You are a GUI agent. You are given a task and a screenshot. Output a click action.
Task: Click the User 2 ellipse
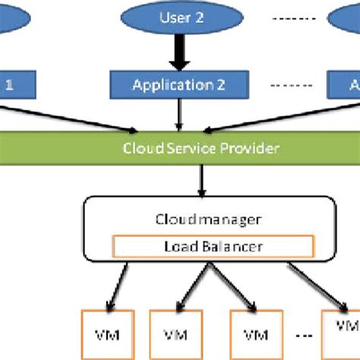pos(179,17)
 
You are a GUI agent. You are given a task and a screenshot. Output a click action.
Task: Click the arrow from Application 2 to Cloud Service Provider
pos(178,113)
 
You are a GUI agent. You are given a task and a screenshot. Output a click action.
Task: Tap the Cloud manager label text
pos(208,219)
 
